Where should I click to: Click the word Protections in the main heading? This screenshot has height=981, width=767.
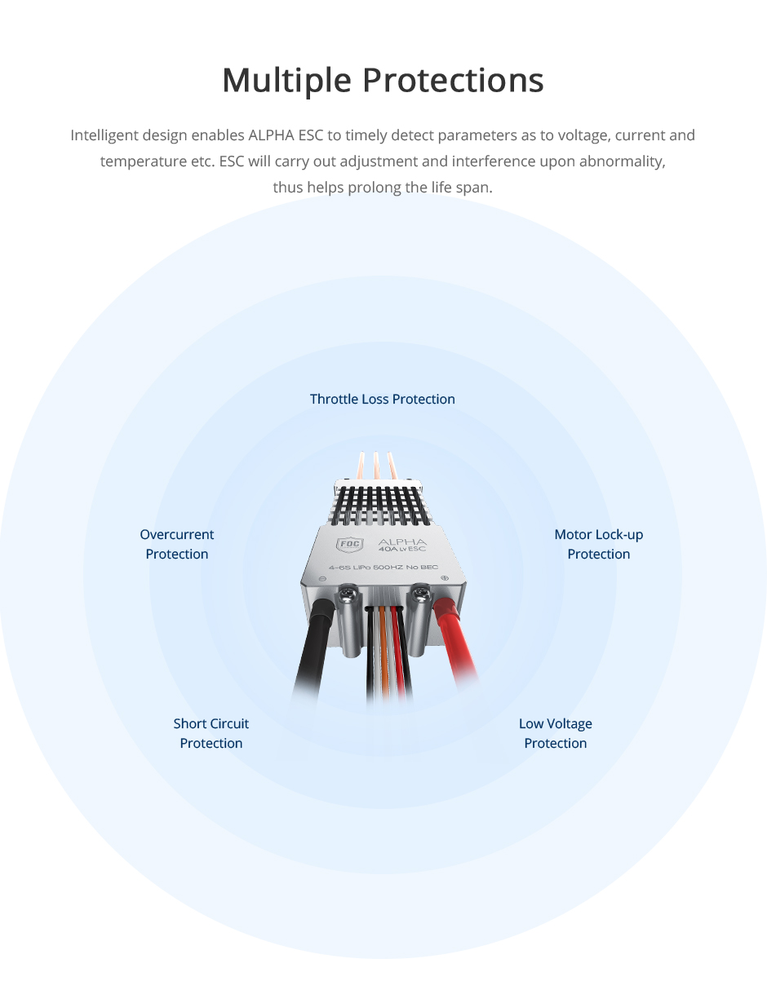[x=453, y=81]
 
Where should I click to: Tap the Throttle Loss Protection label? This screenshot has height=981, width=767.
[x=382, y=399]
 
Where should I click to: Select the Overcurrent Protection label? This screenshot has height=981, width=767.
[x=177, y=544]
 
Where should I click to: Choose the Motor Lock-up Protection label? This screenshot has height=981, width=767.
[x=598, y=544]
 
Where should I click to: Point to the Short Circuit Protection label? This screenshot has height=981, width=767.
[x=211, y=733]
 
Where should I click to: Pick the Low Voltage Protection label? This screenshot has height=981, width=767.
[x=556, y=733]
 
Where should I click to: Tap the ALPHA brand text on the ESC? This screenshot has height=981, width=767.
[x=402, y=541]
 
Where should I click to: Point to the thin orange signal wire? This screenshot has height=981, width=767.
[x=382, y=652]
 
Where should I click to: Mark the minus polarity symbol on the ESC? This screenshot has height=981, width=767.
[x=322, y=577]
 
